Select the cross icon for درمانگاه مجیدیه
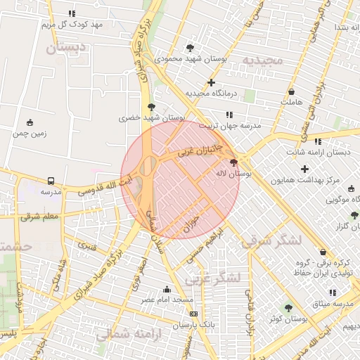[x=211, y=83]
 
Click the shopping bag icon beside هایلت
[x=291, y=92]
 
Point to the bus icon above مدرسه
[x=50, y=181]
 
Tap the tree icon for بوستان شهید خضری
[x=150, y=107]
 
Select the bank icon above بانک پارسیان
[x=193, y=314]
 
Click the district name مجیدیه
[x=262, y=60]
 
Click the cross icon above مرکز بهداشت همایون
[x=304, y=169]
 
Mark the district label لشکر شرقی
[x=271, y=241]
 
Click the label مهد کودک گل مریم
[x=72, y=25]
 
